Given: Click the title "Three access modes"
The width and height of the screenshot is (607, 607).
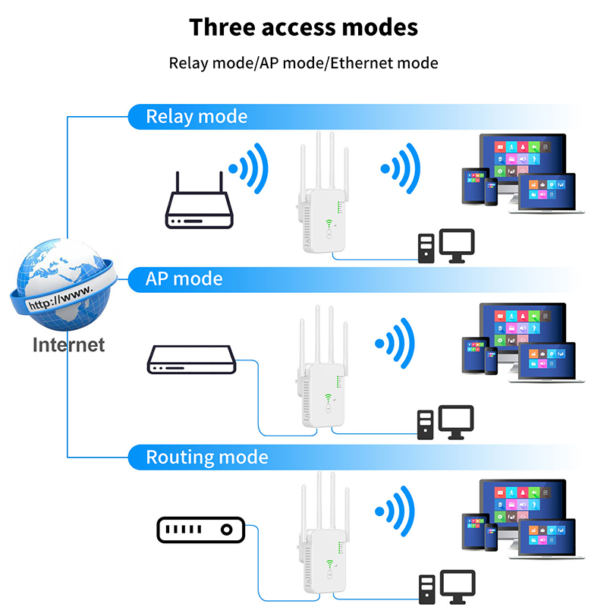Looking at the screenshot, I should (x=303, y=27).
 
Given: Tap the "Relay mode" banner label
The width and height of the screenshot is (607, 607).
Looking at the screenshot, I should (x=197, y=117).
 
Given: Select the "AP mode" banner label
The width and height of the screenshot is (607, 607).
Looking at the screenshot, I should (x=184, y=278).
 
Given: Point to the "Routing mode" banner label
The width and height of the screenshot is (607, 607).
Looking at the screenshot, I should (x=207, y=458).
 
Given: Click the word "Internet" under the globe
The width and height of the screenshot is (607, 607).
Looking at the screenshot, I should (x=68, y=344).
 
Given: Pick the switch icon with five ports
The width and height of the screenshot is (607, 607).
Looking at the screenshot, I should (x=200, y=530).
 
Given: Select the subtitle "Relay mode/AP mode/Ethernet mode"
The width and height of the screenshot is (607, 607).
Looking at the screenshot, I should (x=303, y=63).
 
